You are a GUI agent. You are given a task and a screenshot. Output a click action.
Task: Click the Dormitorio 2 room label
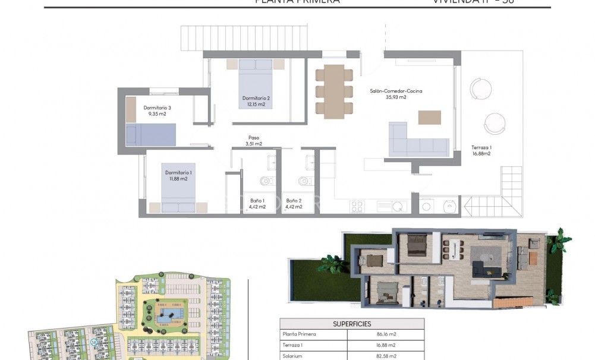click(x=256, y=101)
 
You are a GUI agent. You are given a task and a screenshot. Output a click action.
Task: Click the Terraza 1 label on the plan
click(x=481, y=150)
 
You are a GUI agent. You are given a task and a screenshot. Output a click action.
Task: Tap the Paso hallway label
click(x=254, y=140)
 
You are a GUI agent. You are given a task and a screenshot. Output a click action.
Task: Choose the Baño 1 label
click(x=256, y=204)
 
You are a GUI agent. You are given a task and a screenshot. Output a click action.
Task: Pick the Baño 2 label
click(x=294, y=204)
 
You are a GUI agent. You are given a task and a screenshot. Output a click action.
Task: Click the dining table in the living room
click(x=334, y=91)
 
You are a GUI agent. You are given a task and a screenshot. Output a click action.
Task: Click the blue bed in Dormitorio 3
click(x=152, y=134)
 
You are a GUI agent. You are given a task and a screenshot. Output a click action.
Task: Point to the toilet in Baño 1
click(x=266, y=181)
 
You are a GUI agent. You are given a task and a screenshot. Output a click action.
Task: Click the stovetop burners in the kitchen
click(x=358, y=207)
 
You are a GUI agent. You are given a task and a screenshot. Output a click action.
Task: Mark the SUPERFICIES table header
click(x=352, y=324)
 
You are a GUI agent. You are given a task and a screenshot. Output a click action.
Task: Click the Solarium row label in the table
click(x=293, y=355)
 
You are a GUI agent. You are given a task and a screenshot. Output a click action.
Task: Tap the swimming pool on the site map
click(x=171, y=316)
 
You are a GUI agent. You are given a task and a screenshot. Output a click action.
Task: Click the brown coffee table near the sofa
click(x=429, y=117)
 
